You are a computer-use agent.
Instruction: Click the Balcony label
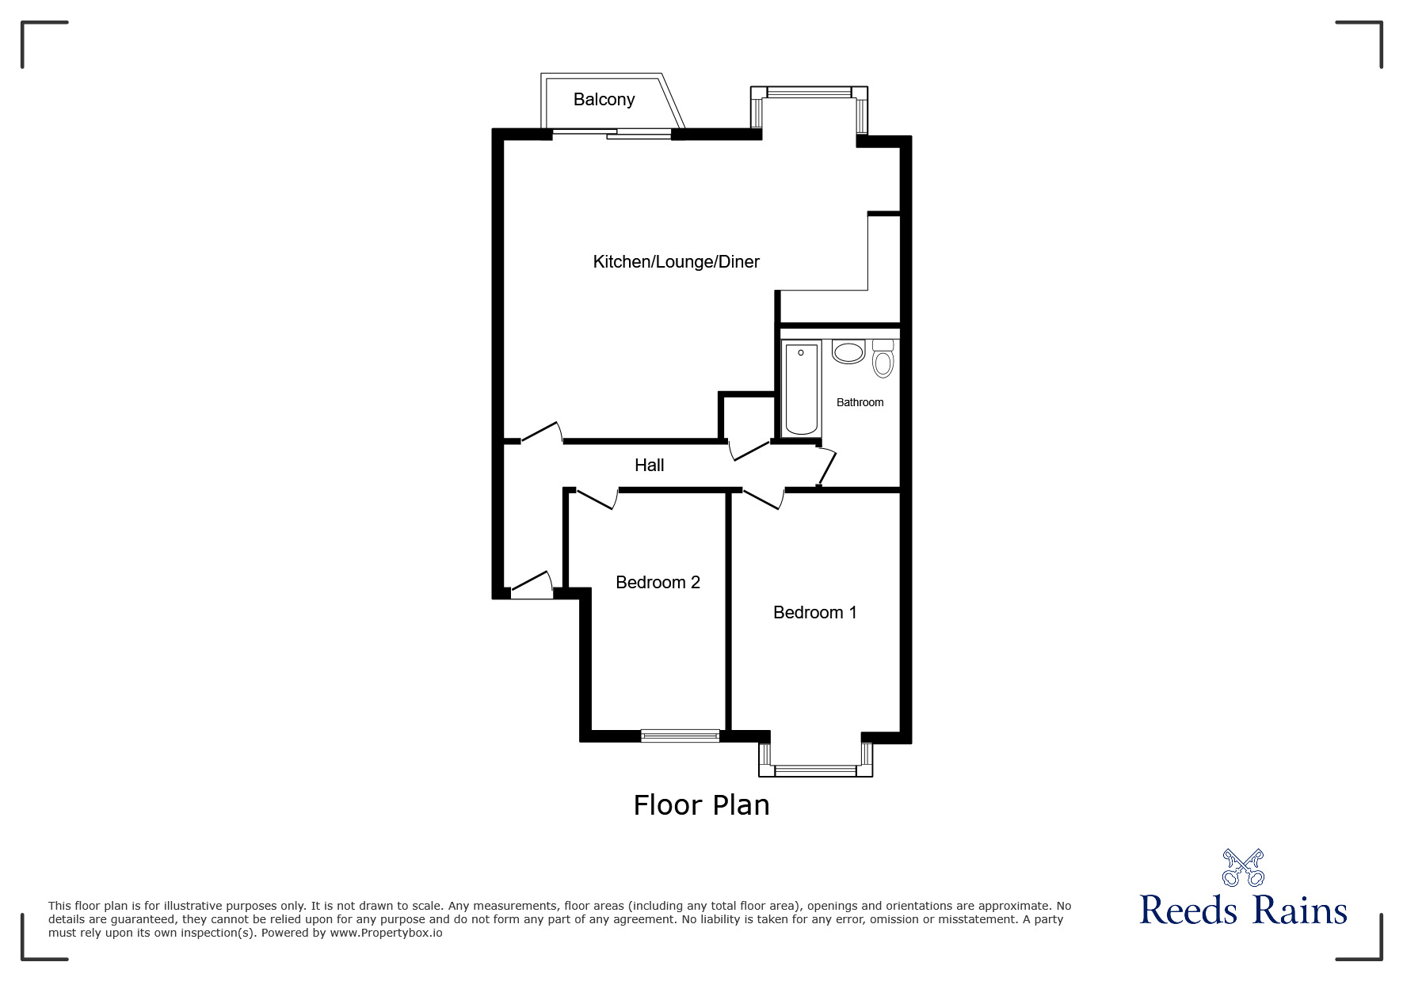[604, 100]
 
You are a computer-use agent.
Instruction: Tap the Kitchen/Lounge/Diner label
[676, 262]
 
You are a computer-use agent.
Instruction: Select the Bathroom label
[860, 402]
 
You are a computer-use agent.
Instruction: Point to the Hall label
[649, 466]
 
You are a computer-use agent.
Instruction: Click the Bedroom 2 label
[658, 583]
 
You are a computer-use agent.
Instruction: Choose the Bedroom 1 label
[814, 613]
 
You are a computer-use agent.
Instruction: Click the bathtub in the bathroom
[801, 388]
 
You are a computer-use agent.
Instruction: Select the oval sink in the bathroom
[848, 352]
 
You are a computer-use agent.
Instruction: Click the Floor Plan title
[701, 805]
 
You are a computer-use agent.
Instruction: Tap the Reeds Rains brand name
[1243, 911]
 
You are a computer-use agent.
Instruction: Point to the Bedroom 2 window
[681, 736]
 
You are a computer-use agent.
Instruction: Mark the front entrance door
[531, 586]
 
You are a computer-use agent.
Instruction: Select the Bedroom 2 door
[597, 499]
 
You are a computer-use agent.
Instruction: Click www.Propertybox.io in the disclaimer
[386, 933]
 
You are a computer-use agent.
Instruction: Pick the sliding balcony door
[612, 133]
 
